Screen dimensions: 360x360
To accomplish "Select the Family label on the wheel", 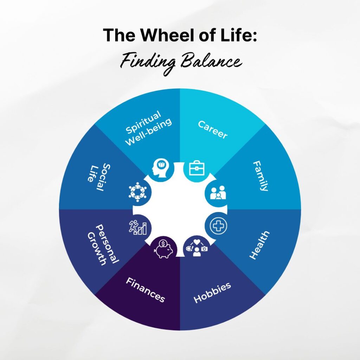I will [261, 176].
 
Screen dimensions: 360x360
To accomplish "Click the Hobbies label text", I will [212, 292].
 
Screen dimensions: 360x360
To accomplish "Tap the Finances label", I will [146, 290].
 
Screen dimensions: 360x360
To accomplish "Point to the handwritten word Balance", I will [214, 63].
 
